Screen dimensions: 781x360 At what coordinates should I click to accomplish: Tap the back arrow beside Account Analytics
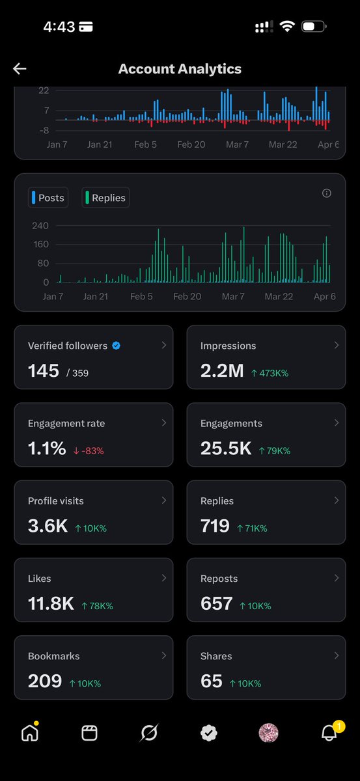20,69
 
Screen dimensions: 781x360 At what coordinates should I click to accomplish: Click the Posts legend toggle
48,198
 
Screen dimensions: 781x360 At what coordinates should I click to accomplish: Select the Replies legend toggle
105,198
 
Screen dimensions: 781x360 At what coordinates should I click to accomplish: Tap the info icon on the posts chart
327,193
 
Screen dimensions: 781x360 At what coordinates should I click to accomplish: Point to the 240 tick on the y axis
40,226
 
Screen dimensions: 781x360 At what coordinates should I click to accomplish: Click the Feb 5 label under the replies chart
142,296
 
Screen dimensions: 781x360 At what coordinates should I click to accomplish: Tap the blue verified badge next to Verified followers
116,346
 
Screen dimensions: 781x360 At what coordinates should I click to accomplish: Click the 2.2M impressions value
222,371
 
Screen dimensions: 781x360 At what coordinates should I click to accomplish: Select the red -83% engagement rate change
89,450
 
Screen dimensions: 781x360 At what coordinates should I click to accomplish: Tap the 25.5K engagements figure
226,448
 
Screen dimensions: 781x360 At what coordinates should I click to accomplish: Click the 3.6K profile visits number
48,526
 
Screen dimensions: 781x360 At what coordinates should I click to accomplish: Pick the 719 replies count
215,526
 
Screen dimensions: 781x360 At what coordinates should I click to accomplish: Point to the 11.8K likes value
51,603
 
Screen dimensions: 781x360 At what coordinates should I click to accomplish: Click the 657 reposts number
217,603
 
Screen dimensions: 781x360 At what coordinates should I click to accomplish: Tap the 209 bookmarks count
45,681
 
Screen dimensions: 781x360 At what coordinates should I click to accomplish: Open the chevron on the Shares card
336,655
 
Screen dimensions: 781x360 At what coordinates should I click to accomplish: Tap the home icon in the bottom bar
30,733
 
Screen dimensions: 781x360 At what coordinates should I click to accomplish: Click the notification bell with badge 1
330,733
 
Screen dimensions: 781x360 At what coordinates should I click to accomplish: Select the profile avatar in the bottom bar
268,733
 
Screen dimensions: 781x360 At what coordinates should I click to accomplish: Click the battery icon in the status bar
314,27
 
